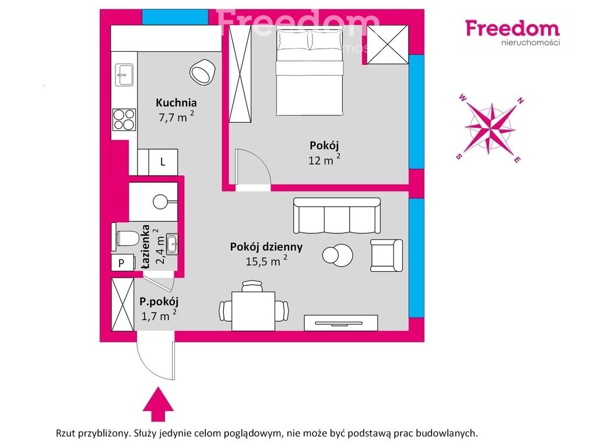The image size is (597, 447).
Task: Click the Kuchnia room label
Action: (x=176, y=102)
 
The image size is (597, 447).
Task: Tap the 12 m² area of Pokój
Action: (x=324, y=159)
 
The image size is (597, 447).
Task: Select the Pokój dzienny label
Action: (x=266, y=247)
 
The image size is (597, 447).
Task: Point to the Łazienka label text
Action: (x=145, y=248)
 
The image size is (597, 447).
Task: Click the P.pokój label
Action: (x=159, y=302)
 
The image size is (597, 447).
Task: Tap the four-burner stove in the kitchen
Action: (x=124, y=120)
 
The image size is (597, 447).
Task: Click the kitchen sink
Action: (x=125, y=75)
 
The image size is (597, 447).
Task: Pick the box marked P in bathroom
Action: (x=122, y=262)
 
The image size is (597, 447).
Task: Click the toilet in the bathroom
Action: (x=126, y=238)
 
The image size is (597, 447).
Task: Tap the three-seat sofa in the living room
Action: (x=337, y=215)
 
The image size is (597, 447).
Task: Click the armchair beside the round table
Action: (x=387, y=256)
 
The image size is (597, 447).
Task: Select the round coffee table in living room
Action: (x=338, y=255)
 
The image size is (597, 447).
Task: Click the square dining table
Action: (x=253, y=311)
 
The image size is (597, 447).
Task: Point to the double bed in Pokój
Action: (x=310, y=73)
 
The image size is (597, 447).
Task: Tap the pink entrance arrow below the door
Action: (x=158, y=405)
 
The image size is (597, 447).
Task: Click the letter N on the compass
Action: (x=521, y=101)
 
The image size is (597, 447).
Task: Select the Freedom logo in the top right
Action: (x=512, y=33)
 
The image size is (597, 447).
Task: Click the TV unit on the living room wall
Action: (x=340, y=323)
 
